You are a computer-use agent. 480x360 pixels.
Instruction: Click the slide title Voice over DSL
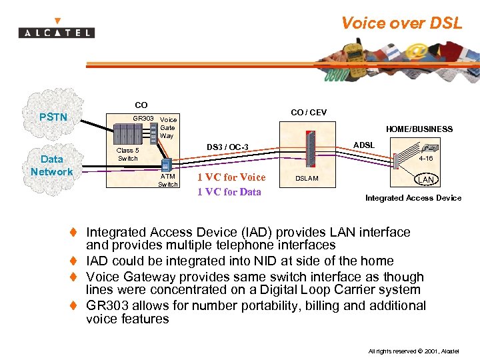401,23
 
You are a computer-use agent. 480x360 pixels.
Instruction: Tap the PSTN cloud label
53,117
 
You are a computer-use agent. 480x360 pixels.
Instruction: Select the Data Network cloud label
51,165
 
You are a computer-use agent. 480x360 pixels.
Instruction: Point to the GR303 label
143,119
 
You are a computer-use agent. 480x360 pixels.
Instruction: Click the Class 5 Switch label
128,155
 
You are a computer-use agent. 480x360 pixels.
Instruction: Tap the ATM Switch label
167,181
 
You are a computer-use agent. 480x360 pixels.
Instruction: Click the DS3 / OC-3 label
227,147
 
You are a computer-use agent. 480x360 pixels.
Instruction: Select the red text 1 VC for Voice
231,177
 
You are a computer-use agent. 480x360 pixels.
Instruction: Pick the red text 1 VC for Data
229,192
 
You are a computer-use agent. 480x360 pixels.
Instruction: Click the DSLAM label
307,178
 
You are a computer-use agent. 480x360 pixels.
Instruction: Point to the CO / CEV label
309,113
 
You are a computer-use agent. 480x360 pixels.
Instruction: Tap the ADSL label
364,145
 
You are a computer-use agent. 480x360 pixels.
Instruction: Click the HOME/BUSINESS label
419,129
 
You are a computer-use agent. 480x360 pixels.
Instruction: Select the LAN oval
425,180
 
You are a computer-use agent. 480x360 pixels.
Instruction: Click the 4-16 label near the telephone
425,159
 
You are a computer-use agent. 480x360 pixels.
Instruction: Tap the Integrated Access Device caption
413,198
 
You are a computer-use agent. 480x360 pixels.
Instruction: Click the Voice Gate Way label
168,127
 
